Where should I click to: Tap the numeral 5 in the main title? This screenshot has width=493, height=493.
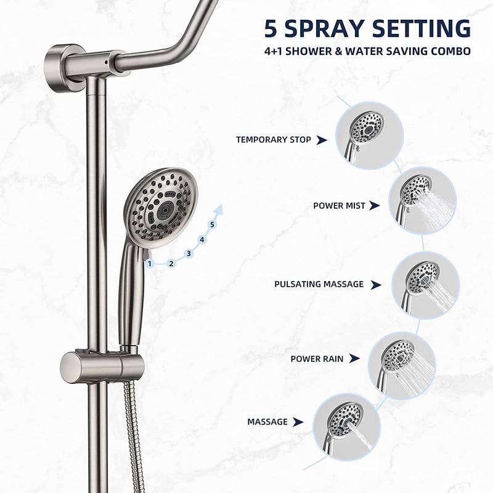(x=272, y=29)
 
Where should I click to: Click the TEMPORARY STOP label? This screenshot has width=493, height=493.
(x=273, y=140)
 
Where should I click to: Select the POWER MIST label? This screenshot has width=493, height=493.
(x=339, y=206)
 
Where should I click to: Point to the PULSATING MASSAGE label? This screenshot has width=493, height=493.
(x=319, y=284)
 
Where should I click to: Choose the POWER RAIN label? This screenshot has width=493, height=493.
(x=317, y=358)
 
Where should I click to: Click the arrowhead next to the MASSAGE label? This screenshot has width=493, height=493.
(x=298, y=422)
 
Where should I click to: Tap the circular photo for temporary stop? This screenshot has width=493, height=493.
(x=369, y=131)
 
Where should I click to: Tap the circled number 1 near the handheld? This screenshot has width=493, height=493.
(x=149, y=263)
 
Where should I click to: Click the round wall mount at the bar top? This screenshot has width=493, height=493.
(x=62, y=60)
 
